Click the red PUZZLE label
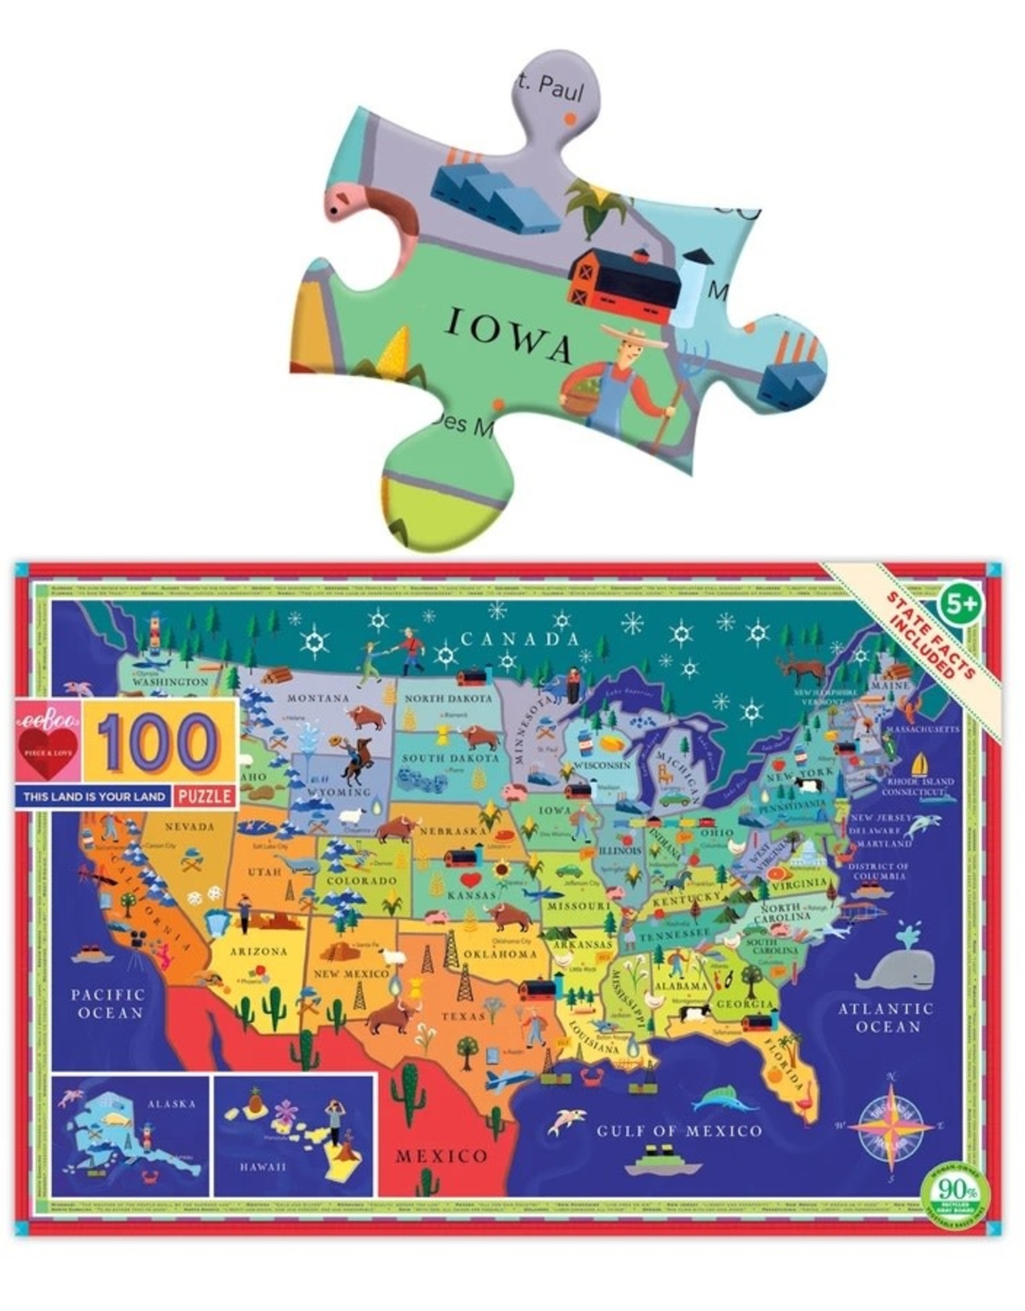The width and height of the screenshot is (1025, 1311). point(205,797)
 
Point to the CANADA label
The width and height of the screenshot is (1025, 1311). point(520,638)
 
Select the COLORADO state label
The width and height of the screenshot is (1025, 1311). point(362,880)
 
